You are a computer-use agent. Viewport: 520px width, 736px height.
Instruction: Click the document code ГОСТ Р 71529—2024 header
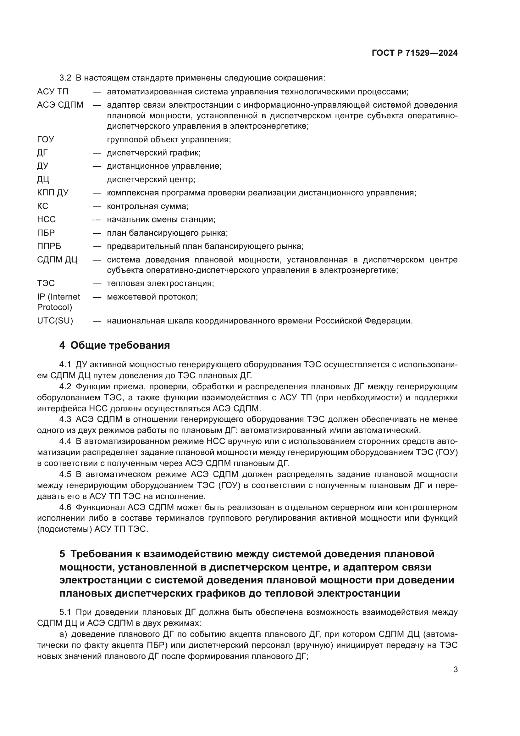[x=414, y=53]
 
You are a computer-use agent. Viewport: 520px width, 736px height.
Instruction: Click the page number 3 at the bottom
[x=455, y=669]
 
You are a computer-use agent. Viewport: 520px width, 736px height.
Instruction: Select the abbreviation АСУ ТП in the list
[x=53, y=92]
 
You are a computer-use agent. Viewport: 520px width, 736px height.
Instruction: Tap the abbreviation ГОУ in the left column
[x=46, y=139]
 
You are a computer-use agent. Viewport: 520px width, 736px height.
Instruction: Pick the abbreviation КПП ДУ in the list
[x=53, y=193]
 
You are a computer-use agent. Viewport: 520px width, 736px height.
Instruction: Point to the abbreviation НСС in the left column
[x=47, y=219]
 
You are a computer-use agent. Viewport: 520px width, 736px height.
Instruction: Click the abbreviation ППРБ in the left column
[x=49, y=246]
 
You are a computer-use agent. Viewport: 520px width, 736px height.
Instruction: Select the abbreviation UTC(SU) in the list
[x=55, y=321]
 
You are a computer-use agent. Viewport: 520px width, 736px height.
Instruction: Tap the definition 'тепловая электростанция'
[x=160, y=284]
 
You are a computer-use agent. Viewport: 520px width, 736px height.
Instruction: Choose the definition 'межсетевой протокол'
[x=152, y=297]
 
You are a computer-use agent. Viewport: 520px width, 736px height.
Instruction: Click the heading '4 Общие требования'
[x=114, y=345]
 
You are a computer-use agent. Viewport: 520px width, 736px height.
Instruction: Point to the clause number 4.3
[x=65, y=419]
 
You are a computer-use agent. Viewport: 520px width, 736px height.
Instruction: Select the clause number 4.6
[x=65, y=508]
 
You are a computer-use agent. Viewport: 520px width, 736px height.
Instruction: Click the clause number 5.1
[x=65, y=612]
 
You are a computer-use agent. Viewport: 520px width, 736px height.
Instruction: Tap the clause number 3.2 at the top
[x=65, y=78]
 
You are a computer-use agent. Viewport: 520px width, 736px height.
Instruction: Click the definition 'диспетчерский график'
[x=154, y=153]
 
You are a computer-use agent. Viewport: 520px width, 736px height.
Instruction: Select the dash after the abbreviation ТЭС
[x=97, y=284]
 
